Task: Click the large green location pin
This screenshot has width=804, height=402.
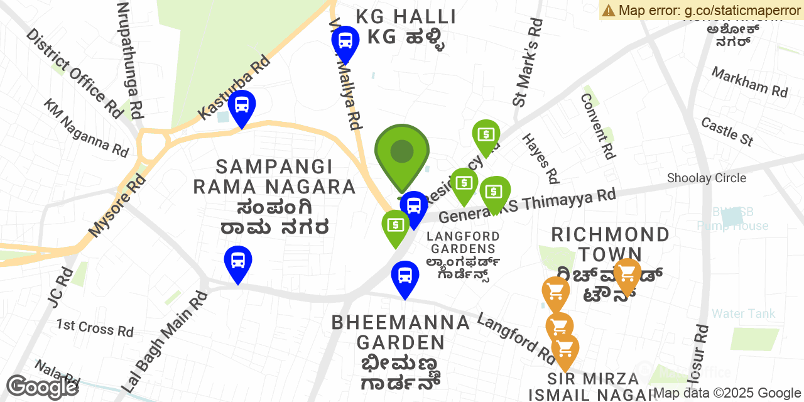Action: coord(402,153)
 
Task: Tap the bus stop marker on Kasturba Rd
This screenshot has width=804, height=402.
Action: coord(242,105)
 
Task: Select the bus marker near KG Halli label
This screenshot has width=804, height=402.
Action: coord(345,41)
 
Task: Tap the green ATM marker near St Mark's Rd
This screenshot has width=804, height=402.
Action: coord(486,134)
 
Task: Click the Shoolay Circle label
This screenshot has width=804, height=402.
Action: coord(707,178)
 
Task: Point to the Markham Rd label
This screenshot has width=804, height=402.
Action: coord(749,82)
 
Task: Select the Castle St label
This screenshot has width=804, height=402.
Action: coord(727,131)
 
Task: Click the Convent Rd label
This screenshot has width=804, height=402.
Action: coord(597,126)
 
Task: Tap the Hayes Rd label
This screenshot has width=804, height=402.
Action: coord(540,158)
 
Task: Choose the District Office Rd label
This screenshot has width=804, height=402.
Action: coord(74,73)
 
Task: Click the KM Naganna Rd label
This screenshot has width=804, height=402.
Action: coord(86,128)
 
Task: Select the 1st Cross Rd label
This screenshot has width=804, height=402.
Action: coord(95,328)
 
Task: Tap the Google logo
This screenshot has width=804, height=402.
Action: coord(41,387)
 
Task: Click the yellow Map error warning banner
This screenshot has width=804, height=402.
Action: coord(701,10)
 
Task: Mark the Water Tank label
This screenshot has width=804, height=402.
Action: coord(743,313)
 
